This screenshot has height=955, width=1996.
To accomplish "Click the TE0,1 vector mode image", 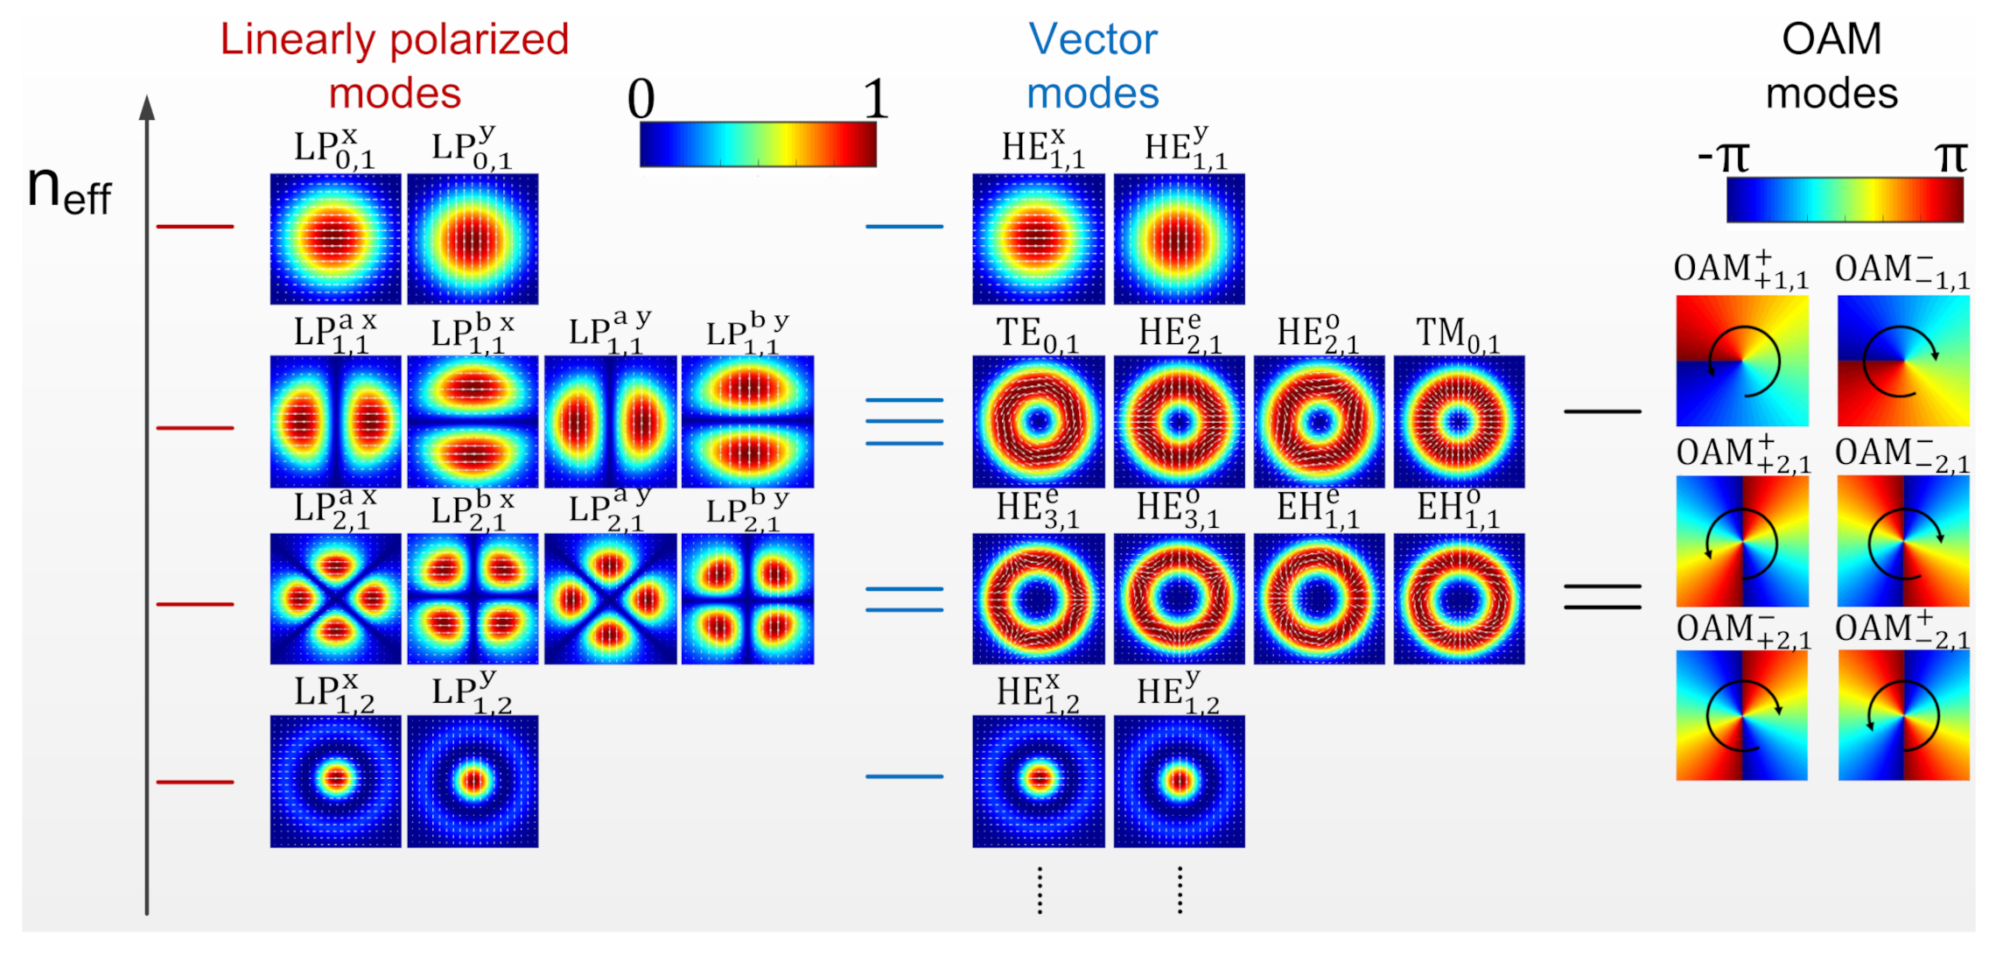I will pos(1038,421).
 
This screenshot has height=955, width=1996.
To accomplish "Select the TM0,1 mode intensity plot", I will pos(1459,421).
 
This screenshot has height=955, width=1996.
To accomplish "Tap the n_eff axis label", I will pos(68,190).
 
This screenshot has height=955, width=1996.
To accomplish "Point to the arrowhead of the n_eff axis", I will pos(147,107).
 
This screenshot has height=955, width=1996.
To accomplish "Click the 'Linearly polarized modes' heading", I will pos(395,66).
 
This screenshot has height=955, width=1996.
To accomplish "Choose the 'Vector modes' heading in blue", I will pos(1093,66).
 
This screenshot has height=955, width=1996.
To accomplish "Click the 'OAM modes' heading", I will pos(1831,66).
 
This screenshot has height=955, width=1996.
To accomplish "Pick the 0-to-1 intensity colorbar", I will pos(758,144).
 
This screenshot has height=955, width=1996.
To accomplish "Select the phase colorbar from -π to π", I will pos(1845,200).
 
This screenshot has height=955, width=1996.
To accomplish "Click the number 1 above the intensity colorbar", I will pos(875,98).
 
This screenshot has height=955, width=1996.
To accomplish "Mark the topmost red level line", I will pos(194,227).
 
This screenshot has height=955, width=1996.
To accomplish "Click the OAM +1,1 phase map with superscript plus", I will pos(1741,361).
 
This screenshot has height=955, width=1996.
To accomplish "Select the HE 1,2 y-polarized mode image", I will pos(1179,781).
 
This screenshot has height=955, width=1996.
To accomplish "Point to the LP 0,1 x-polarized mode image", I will pos(335,238).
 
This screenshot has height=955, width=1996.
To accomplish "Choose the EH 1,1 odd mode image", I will pos(1459,599).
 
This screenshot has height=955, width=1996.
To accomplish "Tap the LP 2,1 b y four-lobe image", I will pos(747,599).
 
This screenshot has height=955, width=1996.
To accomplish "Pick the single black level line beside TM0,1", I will pos(1602,411).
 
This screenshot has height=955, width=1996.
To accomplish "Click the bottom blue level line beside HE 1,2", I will pos(904,776).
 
